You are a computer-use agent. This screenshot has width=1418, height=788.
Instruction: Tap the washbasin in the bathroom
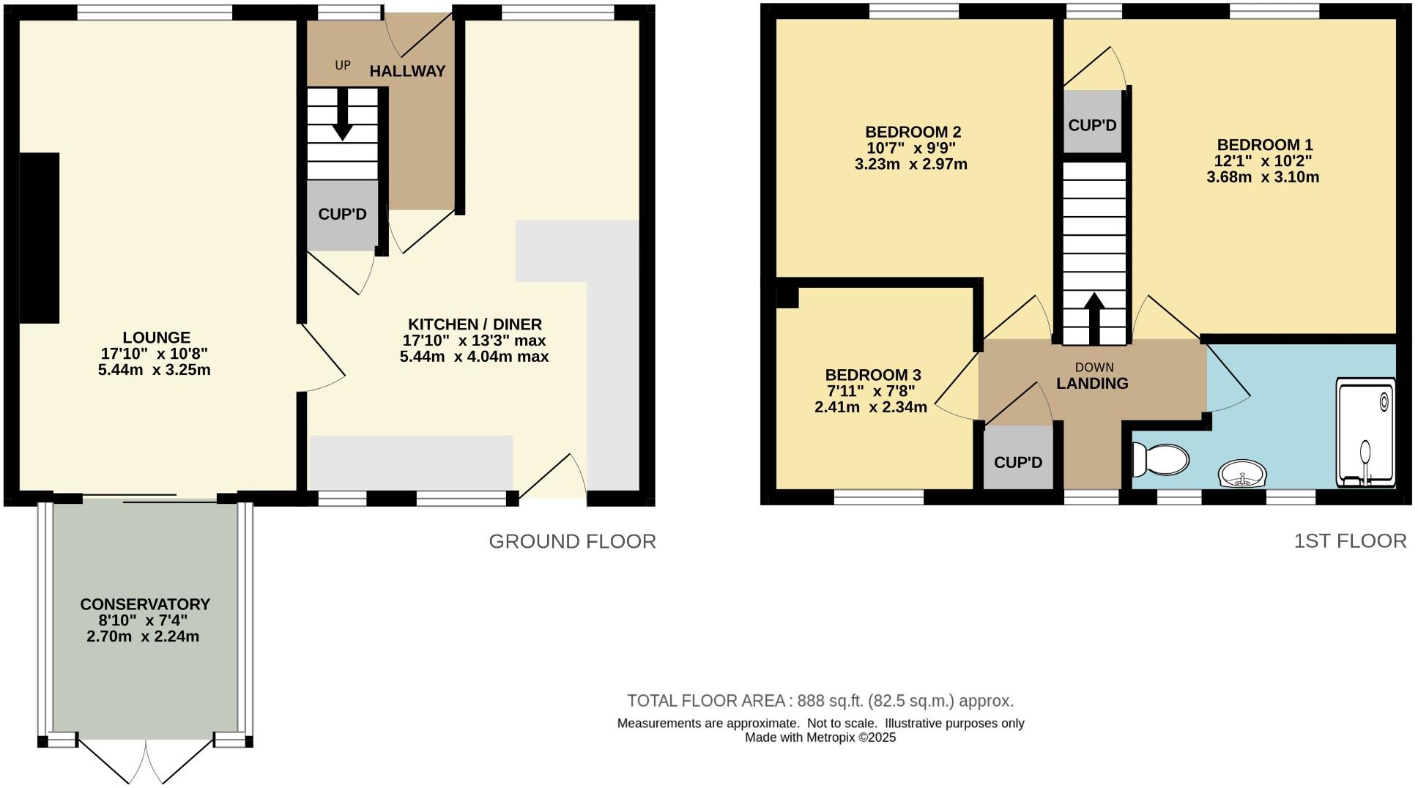pos(1243,474)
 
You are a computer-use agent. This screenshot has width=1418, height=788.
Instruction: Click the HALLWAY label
pos(407,71)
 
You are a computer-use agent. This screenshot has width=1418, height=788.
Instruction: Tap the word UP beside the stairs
pos(343,65)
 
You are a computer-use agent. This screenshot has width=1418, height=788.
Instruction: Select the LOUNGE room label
pos(156,338)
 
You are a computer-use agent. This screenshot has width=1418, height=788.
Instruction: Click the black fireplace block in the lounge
pos(39,237)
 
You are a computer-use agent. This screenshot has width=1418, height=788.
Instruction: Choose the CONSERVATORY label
pos(145,604)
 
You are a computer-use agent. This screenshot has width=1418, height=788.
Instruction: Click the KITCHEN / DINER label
pos(475,324)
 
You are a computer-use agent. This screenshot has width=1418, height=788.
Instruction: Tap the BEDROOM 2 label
pos(913,132)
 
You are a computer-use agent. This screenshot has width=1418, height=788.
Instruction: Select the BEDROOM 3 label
pos(872,374)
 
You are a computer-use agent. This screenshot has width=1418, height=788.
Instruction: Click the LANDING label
pos(1092,383)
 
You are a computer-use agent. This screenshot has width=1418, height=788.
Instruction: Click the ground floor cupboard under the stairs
pos(342,215)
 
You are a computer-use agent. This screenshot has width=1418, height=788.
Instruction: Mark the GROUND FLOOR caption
pos(572,541)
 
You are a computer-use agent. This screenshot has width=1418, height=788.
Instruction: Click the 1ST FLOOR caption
pos(1350,540)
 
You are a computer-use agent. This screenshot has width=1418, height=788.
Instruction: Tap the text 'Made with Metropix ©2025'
pos(820,737)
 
